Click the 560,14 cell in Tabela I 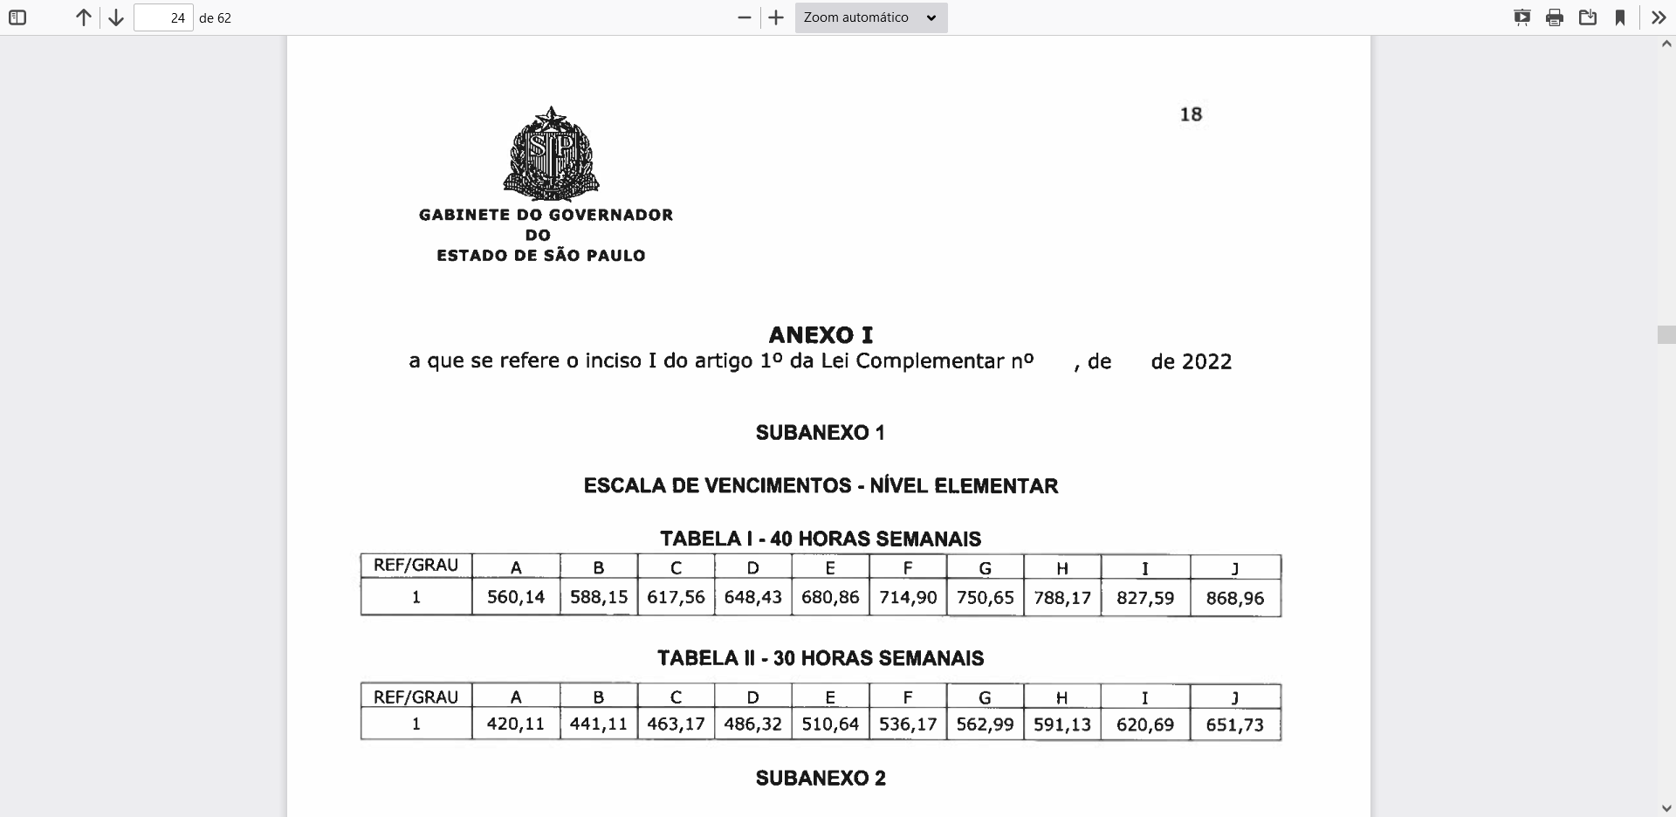(516, 598)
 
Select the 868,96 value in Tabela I (1234, 599)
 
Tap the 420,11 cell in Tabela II (516, 724)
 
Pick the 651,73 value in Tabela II (1234, 724)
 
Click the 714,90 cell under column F (908, 598)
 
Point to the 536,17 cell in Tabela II (908, 724)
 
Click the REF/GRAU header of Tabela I (416, 566)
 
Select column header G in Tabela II (985, 697)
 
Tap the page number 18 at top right (1191, 114)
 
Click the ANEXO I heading (821, 335)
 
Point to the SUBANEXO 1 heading (821, 433)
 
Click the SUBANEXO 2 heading (821, 779)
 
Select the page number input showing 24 (163, 17)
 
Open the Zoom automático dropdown (870, 17)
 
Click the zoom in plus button (776, 17)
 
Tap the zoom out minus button (745, 17)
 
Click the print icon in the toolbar (1555, 17)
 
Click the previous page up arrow (84, 17)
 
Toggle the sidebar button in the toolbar (17, 17)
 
